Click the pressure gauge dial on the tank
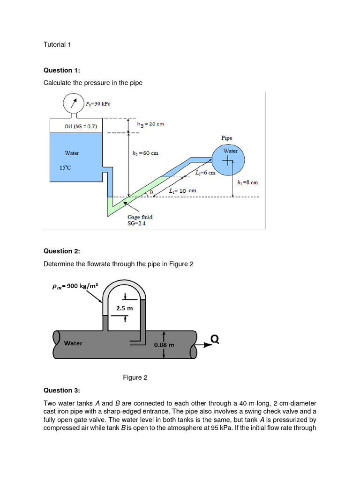pyautogui.click(x=73, y=103)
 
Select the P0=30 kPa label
pyautogui.click(x=98, y=103)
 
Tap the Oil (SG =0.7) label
pyautogui.click(x=83, y=126)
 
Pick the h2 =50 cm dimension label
pyautogui.click(x=145, y=153)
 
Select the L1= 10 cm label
pyautogui.click(x=182, y=191)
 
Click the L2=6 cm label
pyautogui.click(x=205, y=173)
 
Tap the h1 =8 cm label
pyautogui.click(x=247, y=182)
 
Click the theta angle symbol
pyautogui.click(x=151, y=192)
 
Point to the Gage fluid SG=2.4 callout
pyautogui.click(x=140, y=220)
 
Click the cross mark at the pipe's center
pyautogui.click(x=227, y=161)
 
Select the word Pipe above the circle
pyautogui.click(x=226, y=138)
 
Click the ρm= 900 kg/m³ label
pyautogui.click(x=75, y=286)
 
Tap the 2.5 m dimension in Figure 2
pyautogui.click(x=124, y=308)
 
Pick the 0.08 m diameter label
pyautogui.click(x=164, y=345)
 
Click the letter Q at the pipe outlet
pyautogui.click(x=215, y=339)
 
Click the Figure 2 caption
pyautogui.click(x=135, y=377)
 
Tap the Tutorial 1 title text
pyautogui.click(x=57, y=45)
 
